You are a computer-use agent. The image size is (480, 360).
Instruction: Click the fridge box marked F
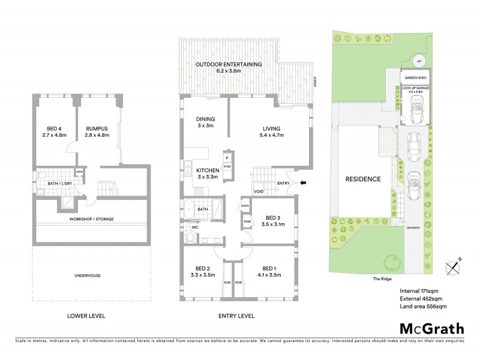coord(227,158)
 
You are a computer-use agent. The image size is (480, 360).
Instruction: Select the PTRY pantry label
coord(227,168)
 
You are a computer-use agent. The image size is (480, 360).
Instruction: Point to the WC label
coord(194,228)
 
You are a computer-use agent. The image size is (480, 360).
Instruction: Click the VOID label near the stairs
coord(259,191)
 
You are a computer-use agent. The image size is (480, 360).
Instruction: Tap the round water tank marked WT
coord(420,60)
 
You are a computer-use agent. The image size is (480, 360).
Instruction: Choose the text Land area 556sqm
coord(423,307)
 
